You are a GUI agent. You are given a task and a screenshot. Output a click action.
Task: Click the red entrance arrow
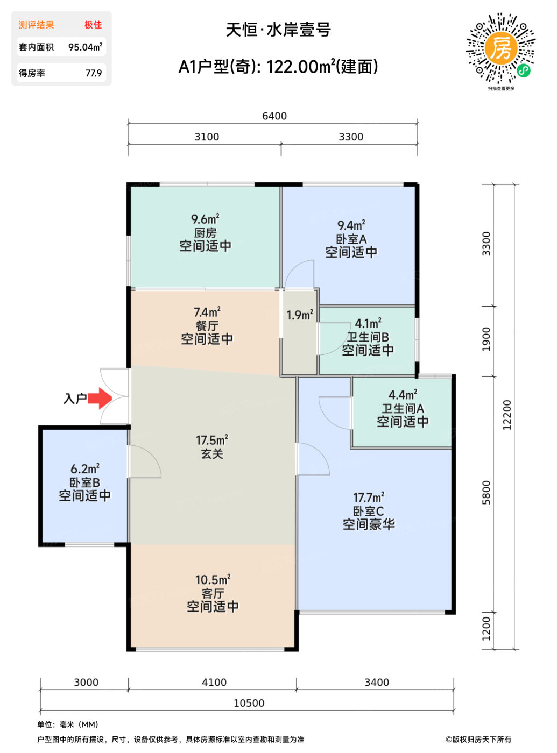100,398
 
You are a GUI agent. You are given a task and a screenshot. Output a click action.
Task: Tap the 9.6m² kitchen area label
205,219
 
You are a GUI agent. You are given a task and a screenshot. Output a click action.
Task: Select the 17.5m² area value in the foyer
211,441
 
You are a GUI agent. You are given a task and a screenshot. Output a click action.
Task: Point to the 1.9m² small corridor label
299,315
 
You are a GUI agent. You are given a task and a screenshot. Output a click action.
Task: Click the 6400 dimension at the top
274,116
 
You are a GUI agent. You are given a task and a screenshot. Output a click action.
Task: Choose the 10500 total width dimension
249,703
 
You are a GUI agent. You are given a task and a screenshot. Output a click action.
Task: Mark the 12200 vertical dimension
507,415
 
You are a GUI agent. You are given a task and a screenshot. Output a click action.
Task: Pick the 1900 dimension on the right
487,339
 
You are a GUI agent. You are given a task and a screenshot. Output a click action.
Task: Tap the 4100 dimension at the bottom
214,682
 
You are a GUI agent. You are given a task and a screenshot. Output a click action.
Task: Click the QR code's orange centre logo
500,48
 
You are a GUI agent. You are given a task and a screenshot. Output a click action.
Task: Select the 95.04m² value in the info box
85,47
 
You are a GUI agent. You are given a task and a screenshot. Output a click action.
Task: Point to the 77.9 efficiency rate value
94,73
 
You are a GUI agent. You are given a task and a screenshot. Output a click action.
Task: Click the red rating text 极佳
93,25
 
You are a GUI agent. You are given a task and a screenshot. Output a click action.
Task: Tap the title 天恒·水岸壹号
278,30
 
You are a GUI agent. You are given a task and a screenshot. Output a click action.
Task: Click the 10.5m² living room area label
213,579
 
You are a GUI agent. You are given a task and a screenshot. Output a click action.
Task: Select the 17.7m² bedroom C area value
369,498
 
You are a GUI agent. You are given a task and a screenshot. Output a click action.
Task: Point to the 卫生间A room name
403,408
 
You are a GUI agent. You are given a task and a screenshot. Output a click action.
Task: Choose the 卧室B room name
84,482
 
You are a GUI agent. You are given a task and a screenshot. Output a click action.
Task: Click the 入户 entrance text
75,398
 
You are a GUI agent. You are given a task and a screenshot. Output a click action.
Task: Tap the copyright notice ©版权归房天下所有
478,740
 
